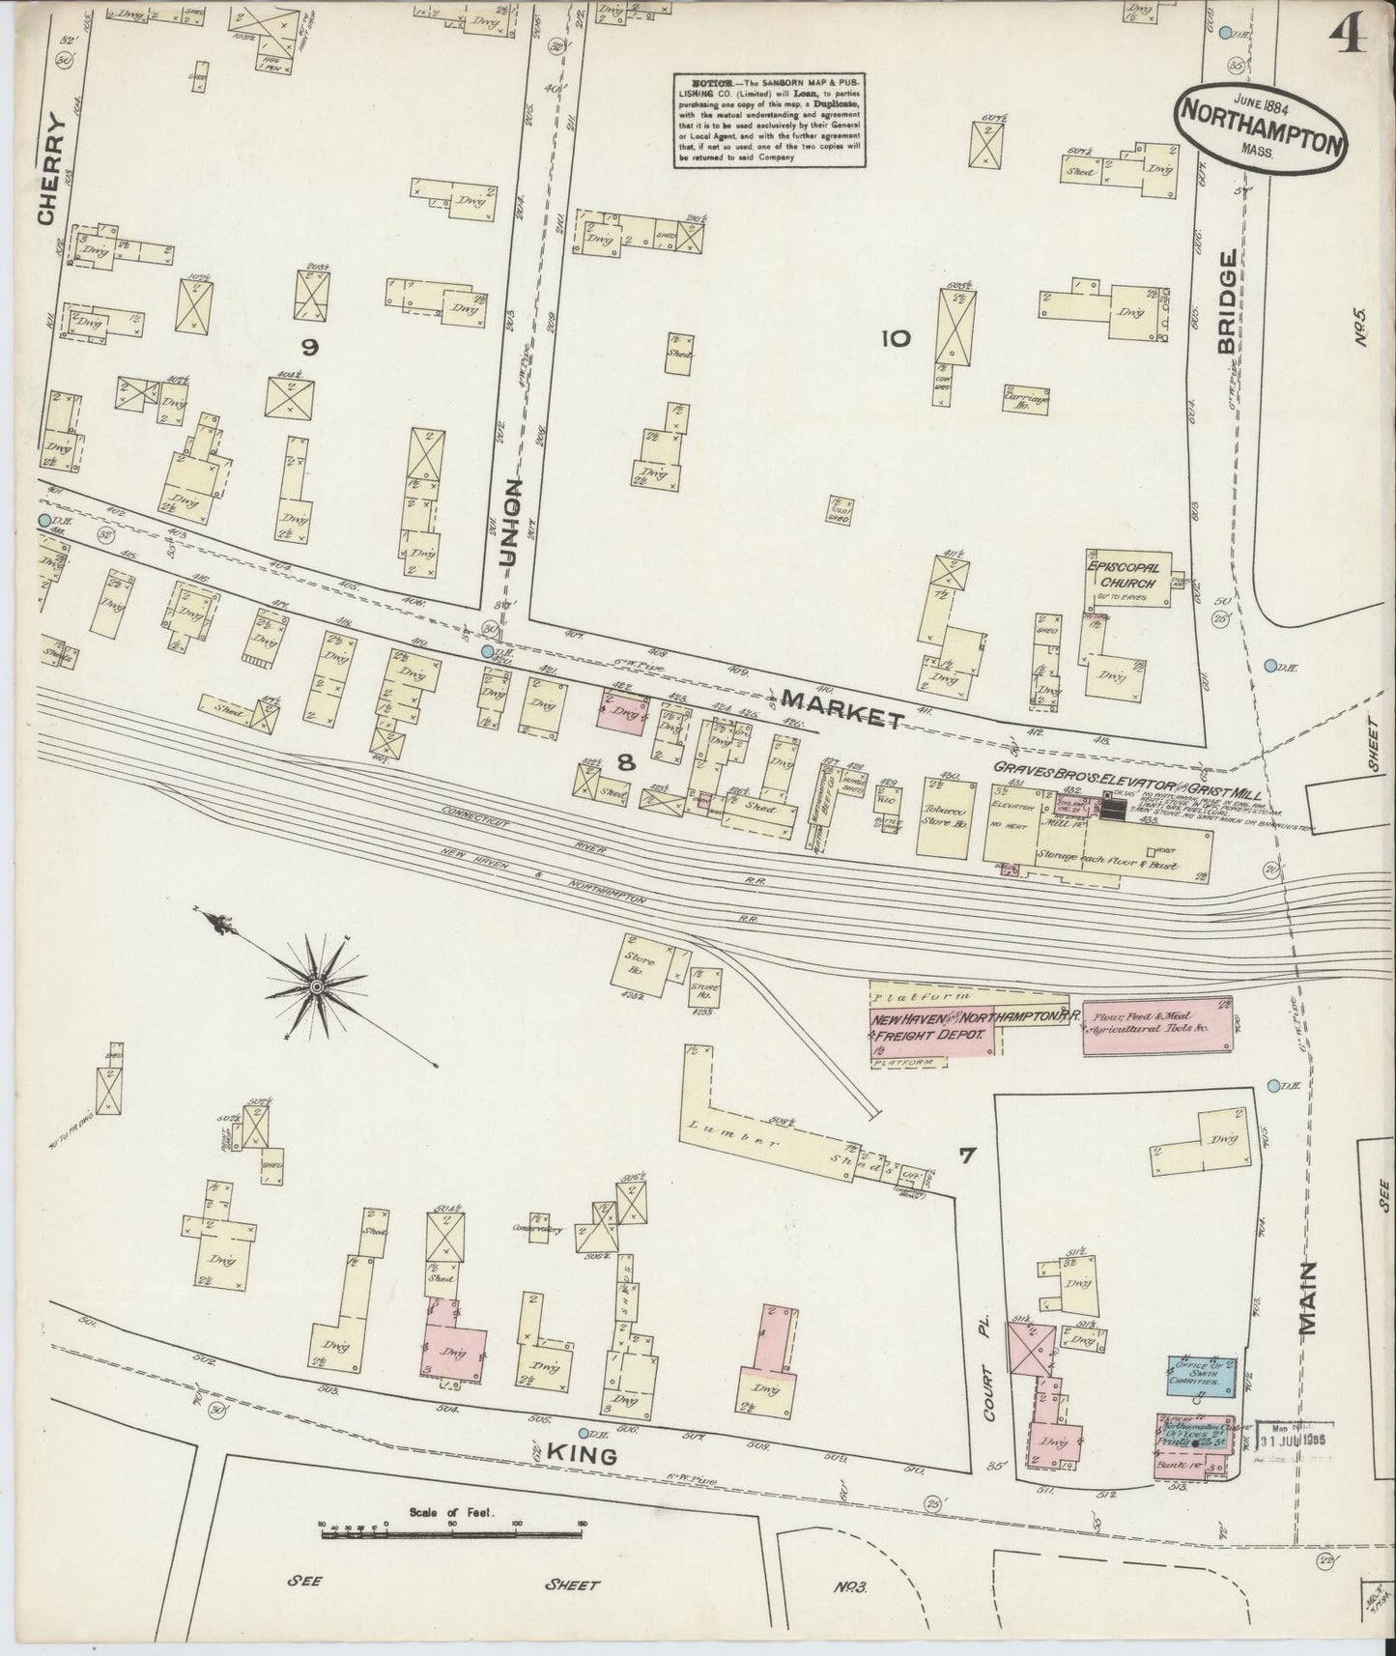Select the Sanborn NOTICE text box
pos(770,121)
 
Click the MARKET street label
pos(842,707)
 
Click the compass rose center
pos(316,985)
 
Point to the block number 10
pos(895,337)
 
